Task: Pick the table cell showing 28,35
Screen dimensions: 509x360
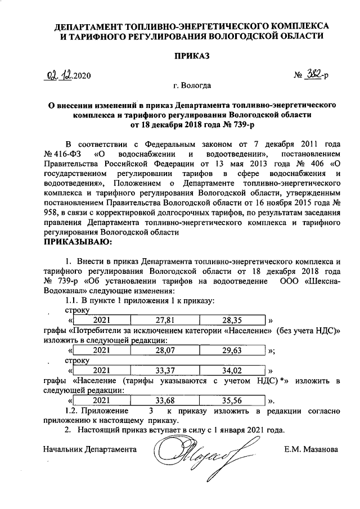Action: pos(231,320)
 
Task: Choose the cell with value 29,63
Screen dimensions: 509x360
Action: pos(231,350)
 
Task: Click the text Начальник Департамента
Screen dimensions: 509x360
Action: pos(89,450)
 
